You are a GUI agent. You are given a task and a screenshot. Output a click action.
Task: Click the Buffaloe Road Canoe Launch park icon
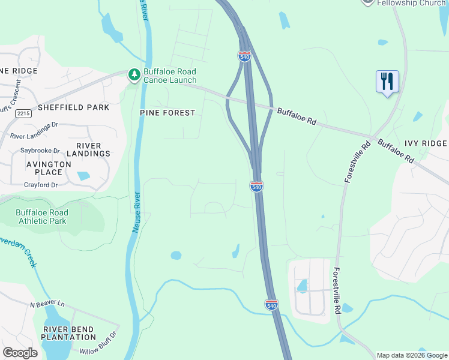coord(134,74)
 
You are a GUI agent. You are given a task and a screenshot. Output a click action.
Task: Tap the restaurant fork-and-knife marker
coord(387,80)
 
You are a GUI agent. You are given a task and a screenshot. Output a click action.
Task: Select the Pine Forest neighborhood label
coord(167,113)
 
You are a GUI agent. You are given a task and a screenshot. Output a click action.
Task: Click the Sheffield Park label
coord(73,107)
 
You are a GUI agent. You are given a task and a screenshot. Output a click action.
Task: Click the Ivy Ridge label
coord(425,143)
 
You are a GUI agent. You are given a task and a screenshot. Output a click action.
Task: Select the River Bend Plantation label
coord(69,333)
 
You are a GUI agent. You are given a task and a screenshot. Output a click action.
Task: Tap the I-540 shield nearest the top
coord(244,56)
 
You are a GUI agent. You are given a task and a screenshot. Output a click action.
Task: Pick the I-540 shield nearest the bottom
coord(271,305)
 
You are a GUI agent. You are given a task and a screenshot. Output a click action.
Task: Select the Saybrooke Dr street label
coord(40,151)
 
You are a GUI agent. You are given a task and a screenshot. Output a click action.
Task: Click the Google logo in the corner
coord(20,353)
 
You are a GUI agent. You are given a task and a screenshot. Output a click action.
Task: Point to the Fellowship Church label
coord(411,3)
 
